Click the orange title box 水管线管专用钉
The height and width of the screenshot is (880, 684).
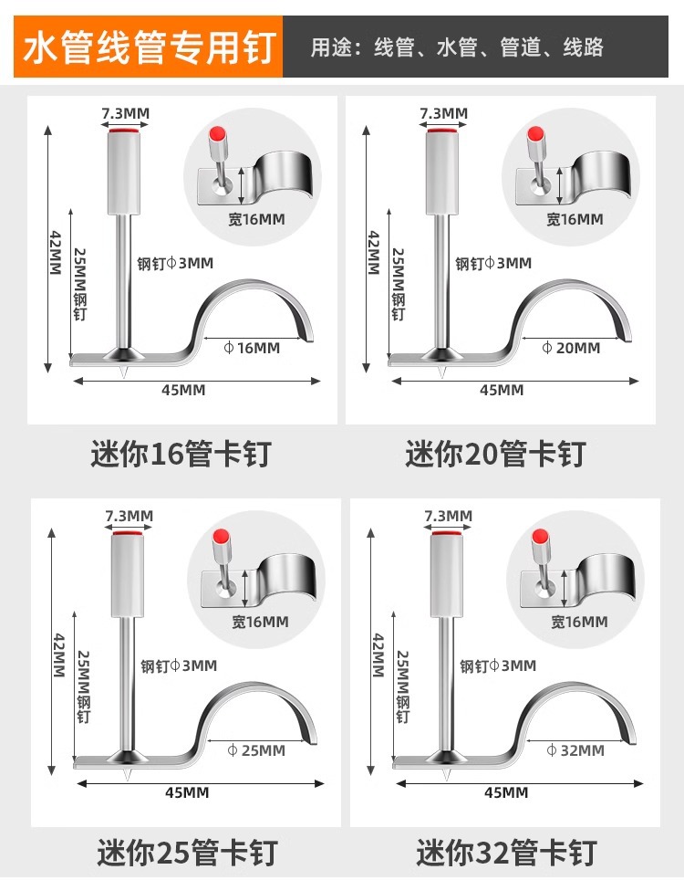pyautogui.click(x=148, y=47)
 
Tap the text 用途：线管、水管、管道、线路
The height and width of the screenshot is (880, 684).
pyautogui.click(x=457, y=47)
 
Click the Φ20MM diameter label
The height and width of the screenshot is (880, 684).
pyautogui.click(x=571, y=348)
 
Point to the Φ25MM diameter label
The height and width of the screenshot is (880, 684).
pyautogui.click(x=255, y=750)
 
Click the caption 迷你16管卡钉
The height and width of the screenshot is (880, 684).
pyautogui.click(x=181, y=454)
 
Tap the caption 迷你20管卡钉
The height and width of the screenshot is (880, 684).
pyautogui.click(x=495, y=454)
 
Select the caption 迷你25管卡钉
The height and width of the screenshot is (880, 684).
pyautogui.click(x=188, y=854)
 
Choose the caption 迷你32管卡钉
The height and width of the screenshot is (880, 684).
pyautogui.click(x=506, y=854)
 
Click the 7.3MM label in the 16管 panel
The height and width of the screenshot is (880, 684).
pyautogui.click(x=125, y=113)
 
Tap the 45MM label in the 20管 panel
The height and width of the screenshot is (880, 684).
pyautogui.click(x=502, y=390)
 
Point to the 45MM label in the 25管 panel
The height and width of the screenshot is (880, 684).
pyautogui.click(x=187, y=792)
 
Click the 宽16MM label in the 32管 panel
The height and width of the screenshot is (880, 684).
pyautogui.click(x=579, y=622)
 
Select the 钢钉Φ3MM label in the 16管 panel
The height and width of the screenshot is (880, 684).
pyautogui.click(x=173, y=264)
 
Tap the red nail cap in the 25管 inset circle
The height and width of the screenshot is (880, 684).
pyautogui.click(x=219, y=538)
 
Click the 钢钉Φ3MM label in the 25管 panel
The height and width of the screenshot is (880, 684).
pyautogui.click(x=179, y=665)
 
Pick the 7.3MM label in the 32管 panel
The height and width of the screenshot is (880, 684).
pyautogui.click(x=448, y=517)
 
